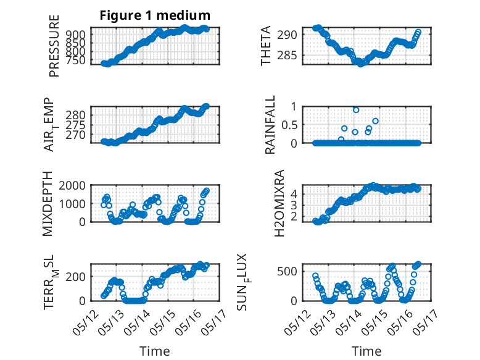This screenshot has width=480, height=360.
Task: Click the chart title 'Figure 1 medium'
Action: click(155, 15)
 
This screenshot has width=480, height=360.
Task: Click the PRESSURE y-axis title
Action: click(54, 46)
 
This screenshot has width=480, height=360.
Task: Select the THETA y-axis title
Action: click(266, 46)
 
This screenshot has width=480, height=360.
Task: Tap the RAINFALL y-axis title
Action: click(270, 125)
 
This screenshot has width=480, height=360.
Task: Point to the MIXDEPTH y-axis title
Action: click(48, 204)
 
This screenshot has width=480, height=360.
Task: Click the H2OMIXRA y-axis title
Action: click(279, 203)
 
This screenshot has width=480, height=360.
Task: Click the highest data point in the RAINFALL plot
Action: click(356, 110)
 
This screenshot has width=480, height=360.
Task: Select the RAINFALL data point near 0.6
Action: click(375, 121)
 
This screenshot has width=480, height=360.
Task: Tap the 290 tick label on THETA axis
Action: click(287, 35)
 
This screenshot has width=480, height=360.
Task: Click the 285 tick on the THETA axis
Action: click(287, 56)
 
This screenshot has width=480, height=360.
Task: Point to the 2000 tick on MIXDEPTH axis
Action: click(72, 185)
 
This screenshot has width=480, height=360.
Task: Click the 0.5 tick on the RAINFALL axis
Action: click(289, 125)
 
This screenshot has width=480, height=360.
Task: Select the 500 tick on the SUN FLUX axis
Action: click(287, 271)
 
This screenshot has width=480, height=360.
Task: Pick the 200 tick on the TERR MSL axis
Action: click(75, 277)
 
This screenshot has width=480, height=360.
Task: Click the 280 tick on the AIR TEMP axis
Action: click(75, 115)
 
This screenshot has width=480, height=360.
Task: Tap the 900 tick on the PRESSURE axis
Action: click(75, 34)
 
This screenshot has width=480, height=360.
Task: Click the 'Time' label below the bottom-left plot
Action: click(155, 351)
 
